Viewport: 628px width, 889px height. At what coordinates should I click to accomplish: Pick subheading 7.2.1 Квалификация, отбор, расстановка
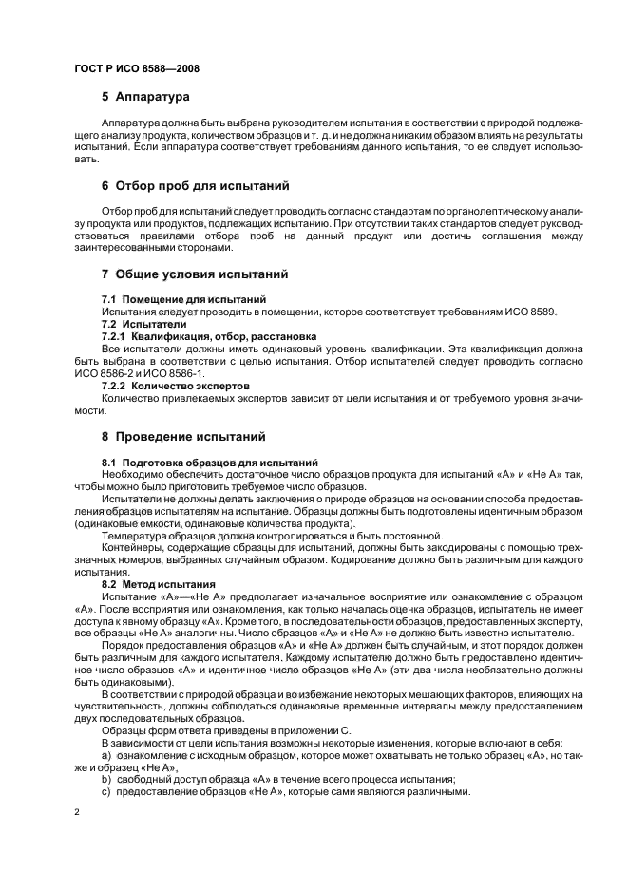[x=209, y=336]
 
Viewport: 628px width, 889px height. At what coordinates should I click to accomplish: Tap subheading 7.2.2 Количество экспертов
[x=176, y=386]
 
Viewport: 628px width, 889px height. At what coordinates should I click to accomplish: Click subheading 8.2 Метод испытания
[x=159, y=584]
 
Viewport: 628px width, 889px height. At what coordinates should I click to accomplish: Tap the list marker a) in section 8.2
[x=107, y=756]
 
